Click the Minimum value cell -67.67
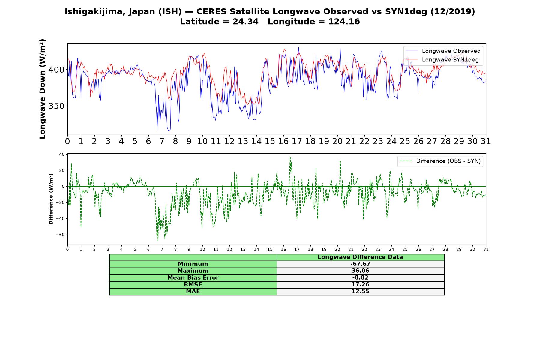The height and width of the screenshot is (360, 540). (360, 264)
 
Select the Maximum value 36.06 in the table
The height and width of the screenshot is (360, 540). (360, 271)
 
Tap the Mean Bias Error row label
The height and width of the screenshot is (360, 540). (193, 278)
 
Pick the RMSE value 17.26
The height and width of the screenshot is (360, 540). (360, 285)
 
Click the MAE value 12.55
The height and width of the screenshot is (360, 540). (360, 292)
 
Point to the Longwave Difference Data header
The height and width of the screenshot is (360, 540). (360, 257)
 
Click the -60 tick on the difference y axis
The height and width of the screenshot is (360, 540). (60, 235)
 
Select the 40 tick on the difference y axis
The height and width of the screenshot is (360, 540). (62, 154)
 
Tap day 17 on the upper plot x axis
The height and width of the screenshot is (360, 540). (297, 141)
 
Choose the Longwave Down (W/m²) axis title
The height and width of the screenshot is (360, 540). (43, 89)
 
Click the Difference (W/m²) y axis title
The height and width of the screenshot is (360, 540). (51, 199)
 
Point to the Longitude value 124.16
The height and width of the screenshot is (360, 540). (344, 22)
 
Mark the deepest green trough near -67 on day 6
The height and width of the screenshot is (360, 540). (158, 240)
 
